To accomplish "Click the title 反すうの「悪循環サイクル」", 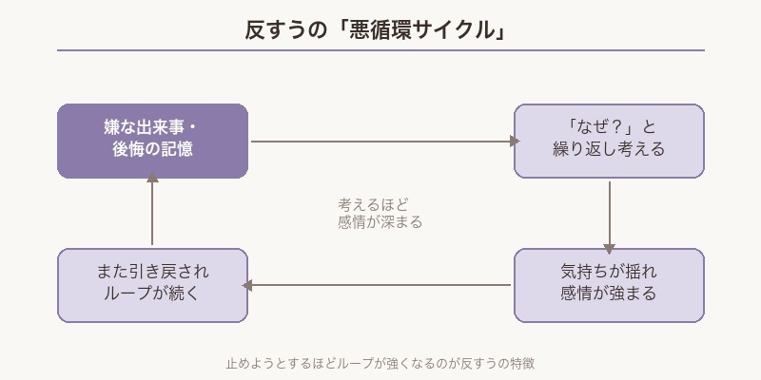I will [x=380, y=29].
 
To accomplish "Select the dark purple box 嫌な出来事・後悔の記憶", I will [x=152, y=141].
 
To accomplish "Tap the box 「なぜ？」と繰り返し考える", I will [x=609, y=141].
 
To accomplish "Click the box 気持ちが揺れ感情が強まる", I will [x=609, y=285].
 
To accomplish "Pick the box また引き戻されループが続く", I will [x=152, y=285].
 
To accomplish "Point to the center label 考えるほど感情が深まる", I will [x=380, y=213].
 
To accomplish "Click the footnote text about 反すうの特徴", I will [x=380, y=363].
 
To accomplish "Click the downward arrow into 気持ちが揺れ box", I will [x=609, y=213].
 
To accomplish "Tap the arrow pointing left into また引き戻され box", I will [x=380, y=285].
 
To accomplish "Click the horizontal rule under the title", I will [x=380, y=50].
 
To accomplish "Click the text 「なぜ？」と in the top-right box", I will [x=609, y=128].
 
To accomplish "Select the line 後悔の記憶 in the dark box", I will [x=152, y=150].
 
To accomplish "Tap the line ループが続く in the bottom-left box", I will [x=152, y=294].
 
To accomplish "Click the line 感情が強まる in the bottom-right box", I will [x=609, y=294].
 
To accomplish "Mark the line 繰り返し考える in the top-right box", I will [x=609, y=150].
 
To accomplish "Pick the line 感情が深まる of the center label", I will [x=380, y=222].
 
